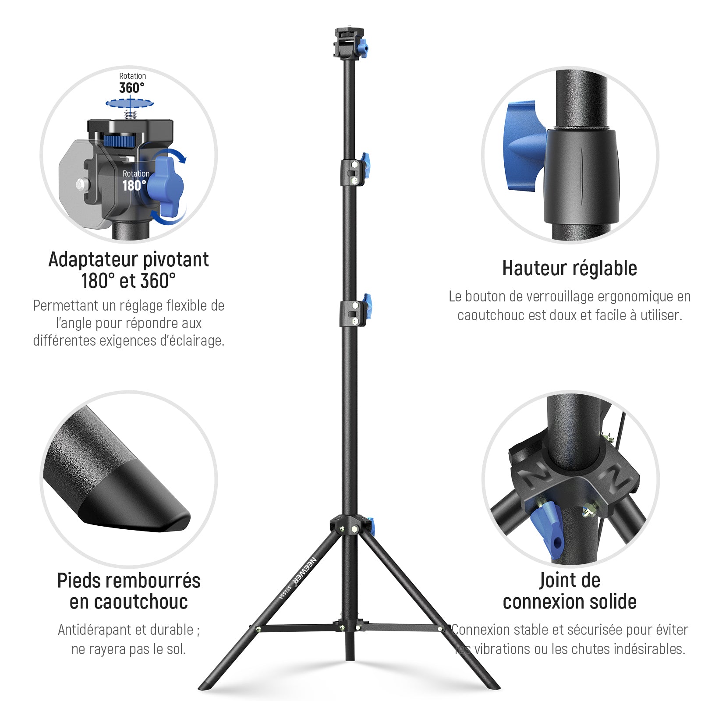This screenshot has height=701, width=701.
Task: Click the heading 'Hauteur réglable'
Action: pos(570,268)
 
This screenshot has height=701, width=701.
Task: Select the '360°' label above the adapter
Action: pos(131,88)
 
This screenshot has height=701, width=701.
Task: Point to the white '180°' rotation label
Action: pos(134,185)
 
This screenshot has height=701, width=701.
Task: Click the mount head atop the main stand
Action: pos(349,43)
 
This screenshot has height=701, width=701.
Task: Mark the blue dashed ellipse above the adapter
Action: pos(130,103)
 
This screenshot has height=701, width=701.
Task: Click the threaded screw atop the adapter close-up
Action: pos(130,115)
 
